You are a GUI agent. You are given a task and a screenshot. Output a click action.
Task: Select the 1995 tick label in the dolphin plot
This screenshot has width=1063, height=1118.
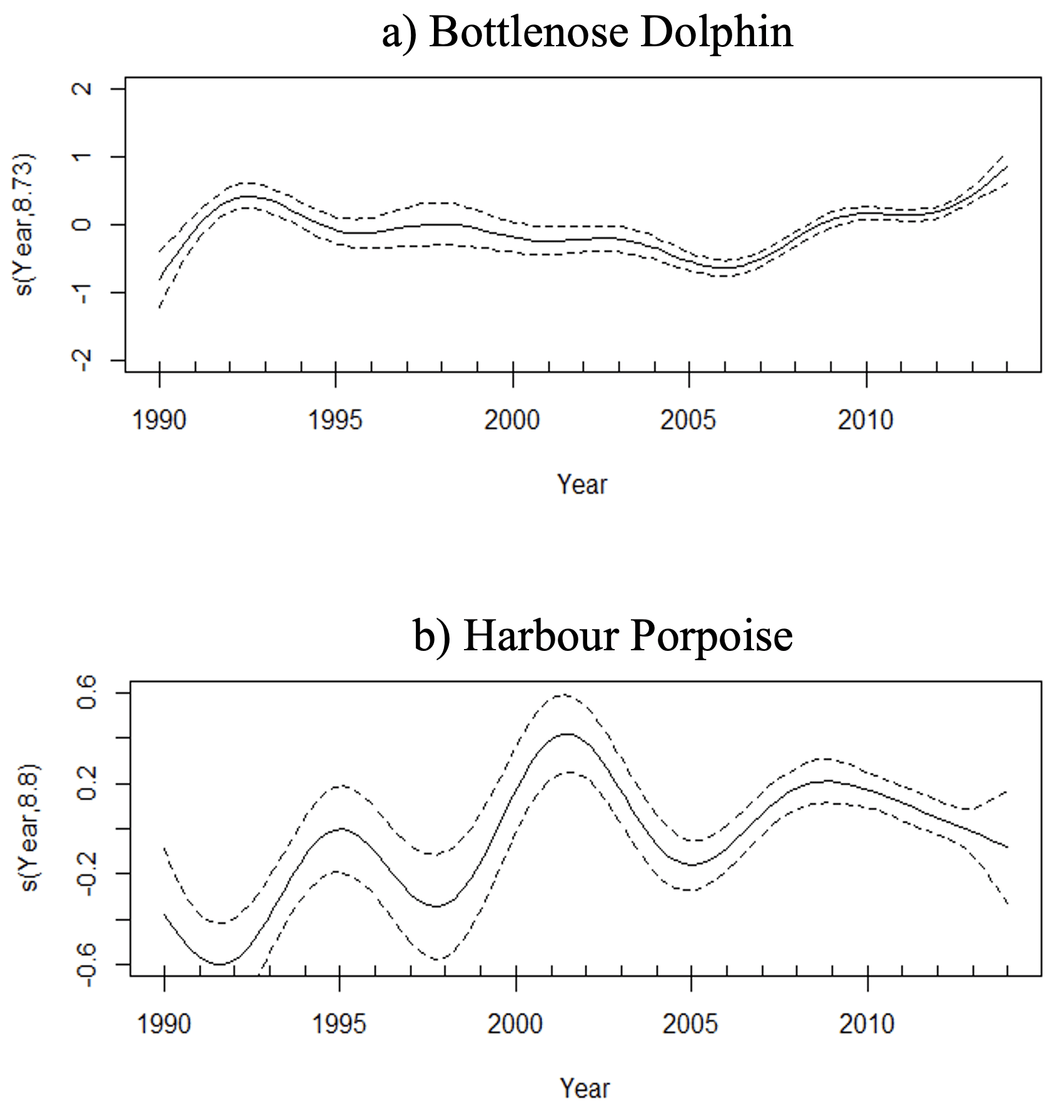click(335, 420)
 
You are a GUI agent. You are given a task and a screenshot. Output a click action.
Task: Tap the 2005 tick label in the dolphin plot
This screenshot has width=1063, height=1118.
click(688, 420)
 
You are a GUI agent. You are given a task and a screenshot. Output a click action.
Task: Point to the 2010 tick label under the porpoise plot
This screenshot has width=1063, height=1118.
click(867, 1024)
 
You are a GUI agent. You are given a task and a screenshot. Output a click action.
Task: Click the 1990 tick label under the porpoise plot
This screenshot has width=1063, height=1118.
click(164, 1024)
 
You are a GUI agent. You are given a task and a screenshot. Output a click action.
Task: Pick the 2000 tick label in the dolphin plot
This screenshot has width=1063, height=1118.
click(512, 420)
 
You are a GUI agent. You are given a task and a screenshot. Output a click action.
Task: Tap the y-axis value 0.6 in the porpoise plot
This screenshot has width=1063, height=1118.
click(87, 693)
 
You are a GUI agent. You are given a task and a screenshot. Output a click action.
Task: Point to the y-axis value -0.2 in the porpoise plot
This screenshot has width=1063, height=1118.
click(87, 874)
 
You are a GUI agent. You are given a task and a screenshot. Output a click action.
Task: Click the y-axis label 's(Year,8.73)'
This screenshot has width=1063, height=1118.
click(26, 224)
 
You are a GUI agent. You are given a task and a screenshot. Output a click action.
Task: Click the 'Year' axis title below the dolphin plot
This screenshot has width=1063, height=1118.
click(582, 485)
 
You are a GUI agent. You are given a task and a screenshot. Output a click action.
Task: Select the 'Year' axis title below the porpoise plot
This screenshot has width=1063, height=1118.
click(585, 1089)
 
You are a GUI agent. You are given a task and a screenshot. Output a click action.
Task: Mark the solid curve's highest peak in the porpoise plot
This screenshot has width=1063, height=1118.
click(567, 733)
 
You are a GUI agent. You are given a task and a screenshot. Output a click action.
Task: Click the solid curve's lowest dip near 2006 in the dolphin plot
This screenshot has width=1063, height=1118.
click(725, 268)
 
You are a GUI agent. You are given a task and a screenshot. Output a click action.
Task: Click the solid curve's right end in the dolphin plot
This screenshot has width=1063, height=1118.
click(1007, 167)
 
